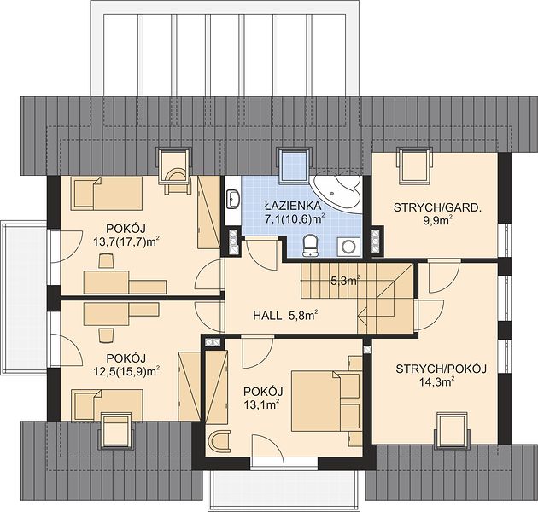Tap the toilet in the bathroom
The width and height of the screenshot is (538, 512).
[x=311, y=245]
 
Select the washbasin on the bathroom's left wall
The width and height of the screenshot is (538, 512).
[x=233, y=199]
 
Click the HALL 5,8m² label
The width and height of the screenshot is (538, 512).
[x=284, y=315]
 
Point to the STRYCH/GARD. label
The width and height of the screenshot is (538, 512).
[x=436, y=208]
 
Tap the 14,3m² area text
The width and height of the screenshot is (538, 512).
[x=438, y=381]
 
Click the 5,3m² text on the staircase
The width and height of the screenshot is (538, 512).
[x=345, y=281]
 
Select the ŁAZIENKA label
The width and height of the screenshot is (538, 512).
[x=293, y=206]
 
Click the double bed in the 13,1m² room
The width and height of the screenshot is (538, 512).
[x=316, y=400]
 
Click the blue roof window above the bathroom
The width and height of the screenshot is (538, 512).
[x=295, y=166]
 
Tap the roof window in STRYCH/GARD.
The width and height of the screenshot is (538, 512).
[x=414, y=166]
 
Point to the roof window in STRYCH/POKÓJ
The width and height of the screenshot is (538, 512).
[x=452, y=429]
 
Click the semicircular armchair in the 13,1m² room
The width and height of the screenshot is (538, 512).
[x=219, y=442]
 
